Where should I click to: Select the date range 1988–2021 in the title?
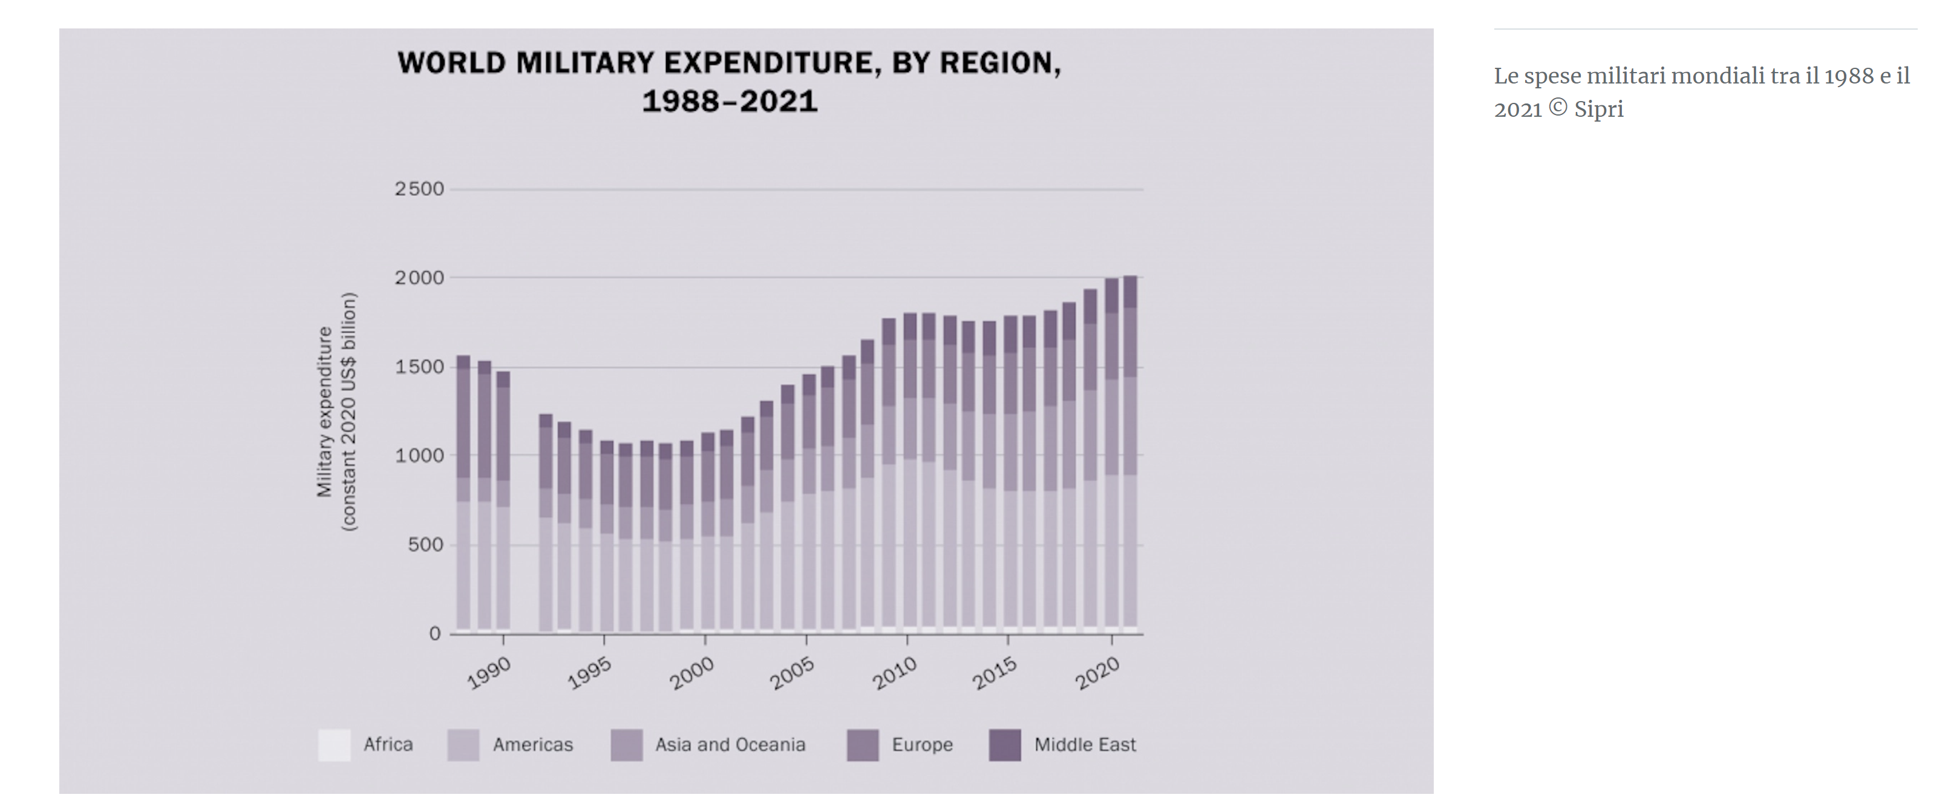(x=730, y=101)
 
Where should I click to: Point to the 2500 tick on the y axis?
(x=420, y=189)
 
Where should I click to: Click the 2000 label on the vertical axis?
(x=420, y=278)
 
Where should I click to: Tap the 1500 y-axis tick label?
(x=420, y=367)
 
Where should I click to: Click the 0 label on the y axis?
(x=435, y=634)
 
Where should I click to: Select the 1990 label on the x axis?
(x=489, y=672)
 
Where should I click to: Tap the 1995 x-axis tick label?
(x=590, y=672)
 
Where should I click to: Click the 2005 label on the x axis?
(x=792, y=672)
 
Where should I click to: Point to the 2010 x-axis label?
(x=894, y=672)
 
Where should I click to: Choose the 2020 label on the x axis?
(x=1097, y=672)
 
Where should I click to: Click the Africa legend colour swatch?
(x=334, y=745)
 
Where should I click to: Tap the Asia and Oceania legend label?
(x=730, y=745)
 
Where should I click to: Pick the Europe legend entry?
(x=922, y=745)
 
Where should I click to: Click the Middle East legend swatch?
(x=1005, y=745)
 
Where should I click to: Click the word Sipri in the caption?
(x=1598, y=110)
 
